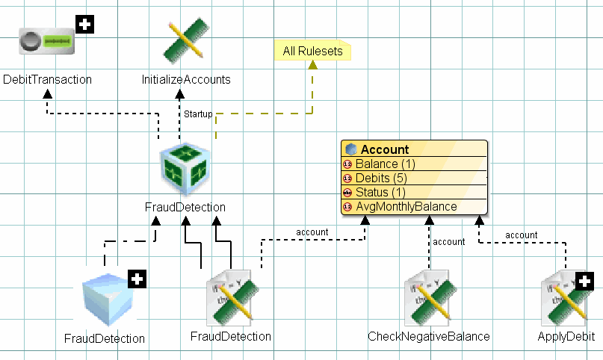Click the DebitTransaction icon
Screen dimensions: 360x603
click(47, 43)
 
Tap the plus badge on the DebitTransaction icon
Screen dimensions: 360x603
click(85, 25)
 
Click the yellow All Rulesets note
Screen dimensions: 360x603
click(313, 52)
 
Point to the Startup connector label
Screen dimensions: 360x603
click(198, 114)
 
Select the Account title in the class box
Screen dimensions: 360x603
click(385, 149)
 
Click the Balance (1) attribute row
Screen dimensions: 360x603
click(385, 164)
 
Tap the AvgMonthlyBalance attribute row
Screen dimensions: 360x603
click(406, 206)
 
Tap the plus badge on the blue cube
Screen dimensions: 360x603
click(137, 280)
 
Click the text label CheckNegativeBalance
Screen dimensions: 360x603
click(429, 337)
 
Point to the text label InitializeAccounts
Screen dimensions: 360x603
click(186, 79)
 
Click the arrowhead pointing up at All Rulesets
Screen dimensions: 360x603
click(313, 65)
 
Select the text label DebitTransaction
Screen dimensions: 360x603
click(47, 79)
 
